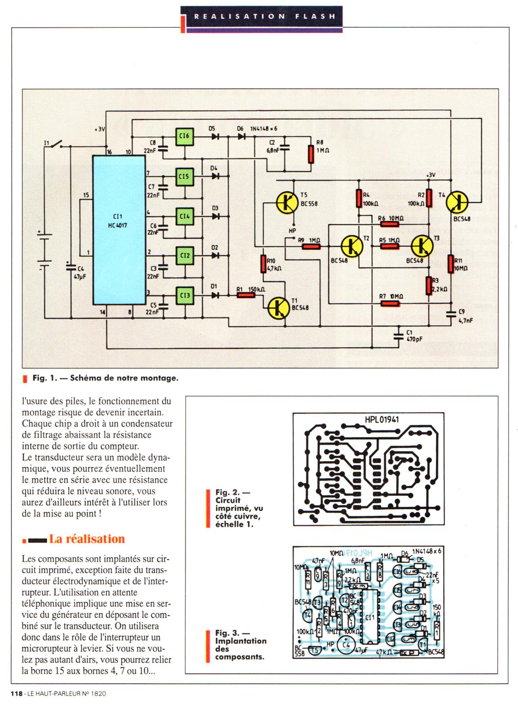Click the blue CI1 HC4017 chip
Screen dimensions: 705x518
coord(118,230)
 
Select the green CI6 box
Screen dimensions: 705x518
coord(184,136)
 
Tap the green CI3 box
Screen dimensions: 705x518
coord(184,295)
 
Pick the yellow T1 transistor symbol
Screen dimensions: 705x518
coord(278,308)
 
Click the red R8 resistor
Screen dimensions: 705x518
coord(311,154)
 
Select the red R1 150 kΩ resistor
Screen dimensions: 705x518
coord(246,295)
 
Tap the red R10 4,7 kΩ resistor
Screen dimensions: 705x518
coord(263,264)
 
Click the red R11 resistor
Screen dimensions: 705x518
coord(451,264)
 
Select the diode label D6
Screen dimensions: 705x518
coord(241,129)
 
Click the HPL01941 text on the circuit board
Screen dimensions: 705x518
coord(382,420)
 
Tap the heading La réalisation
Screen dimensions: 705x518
coord(86,539)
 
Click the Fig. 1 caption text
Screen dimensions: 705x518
coord(105,378)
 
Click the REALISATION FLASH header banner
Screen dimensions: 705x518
coord(265,17)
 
